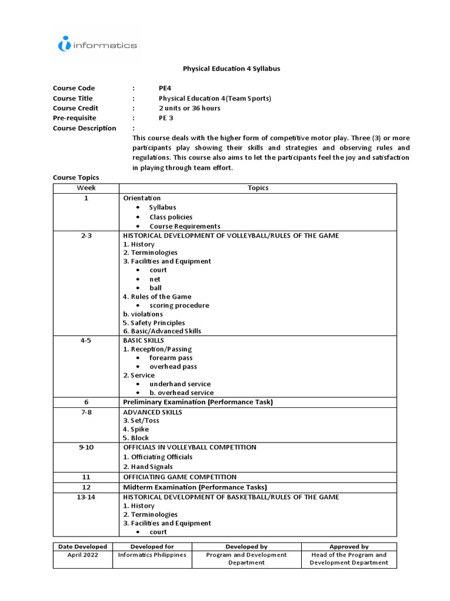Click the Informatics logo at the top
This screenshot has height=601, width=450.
click(x=97, y=45)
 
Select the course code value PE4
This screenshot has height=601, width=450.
click(x=165, y=88)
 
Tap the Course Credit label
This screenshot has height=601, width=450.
click(x=76, y=108)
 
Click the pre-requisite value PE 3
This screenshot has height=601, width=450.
click(x=166, y=118)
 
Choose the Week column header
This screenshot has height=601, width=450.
click(x=86, y=188)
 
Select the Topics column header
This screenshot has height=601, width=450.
click(x=258, y=188)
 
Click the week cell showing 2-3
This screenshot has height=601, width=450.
click(x=86, y=235)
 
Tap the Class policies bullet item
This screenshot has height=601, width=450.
click(x=171, y=217)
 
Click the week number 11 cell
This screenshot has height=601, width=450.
click(x=86, y=477)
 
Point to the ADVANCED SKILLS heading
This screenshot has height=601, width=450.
click(x=152, y=412)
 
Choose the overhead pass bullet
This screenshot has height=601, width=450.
click(x=173, y=366)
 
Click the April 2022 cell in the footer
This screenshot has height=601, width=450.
click(x=82, y=555)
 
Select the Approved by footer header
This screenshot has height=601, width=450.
click(x=349, y=546)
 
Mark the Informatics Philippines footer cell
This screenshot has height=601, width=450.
click(x=152, y=555)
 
